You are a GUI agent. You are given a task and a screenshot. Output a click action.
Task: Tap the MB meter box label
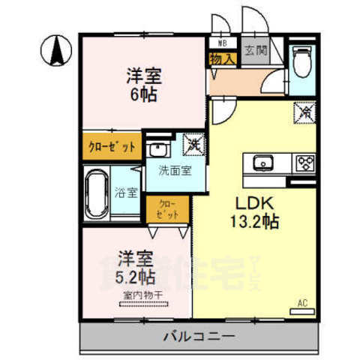click(x=223, y=42)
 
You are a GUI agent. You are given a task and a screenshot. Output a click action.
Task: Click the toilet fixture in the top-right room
click(x=303, y=64)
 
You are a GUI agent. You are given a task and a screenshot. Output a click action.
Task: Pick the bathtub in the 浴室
click(x=99, y=193)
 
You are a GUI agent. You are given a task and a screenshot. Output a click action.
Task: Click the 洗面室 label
click(x=173, y=170)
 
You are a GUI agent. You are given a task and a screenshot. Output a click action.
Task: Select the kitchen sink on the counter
click(x=263, y=163)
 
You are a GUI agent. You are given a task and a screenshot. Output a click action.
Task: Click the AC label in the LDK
click(x=303, y=304)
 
